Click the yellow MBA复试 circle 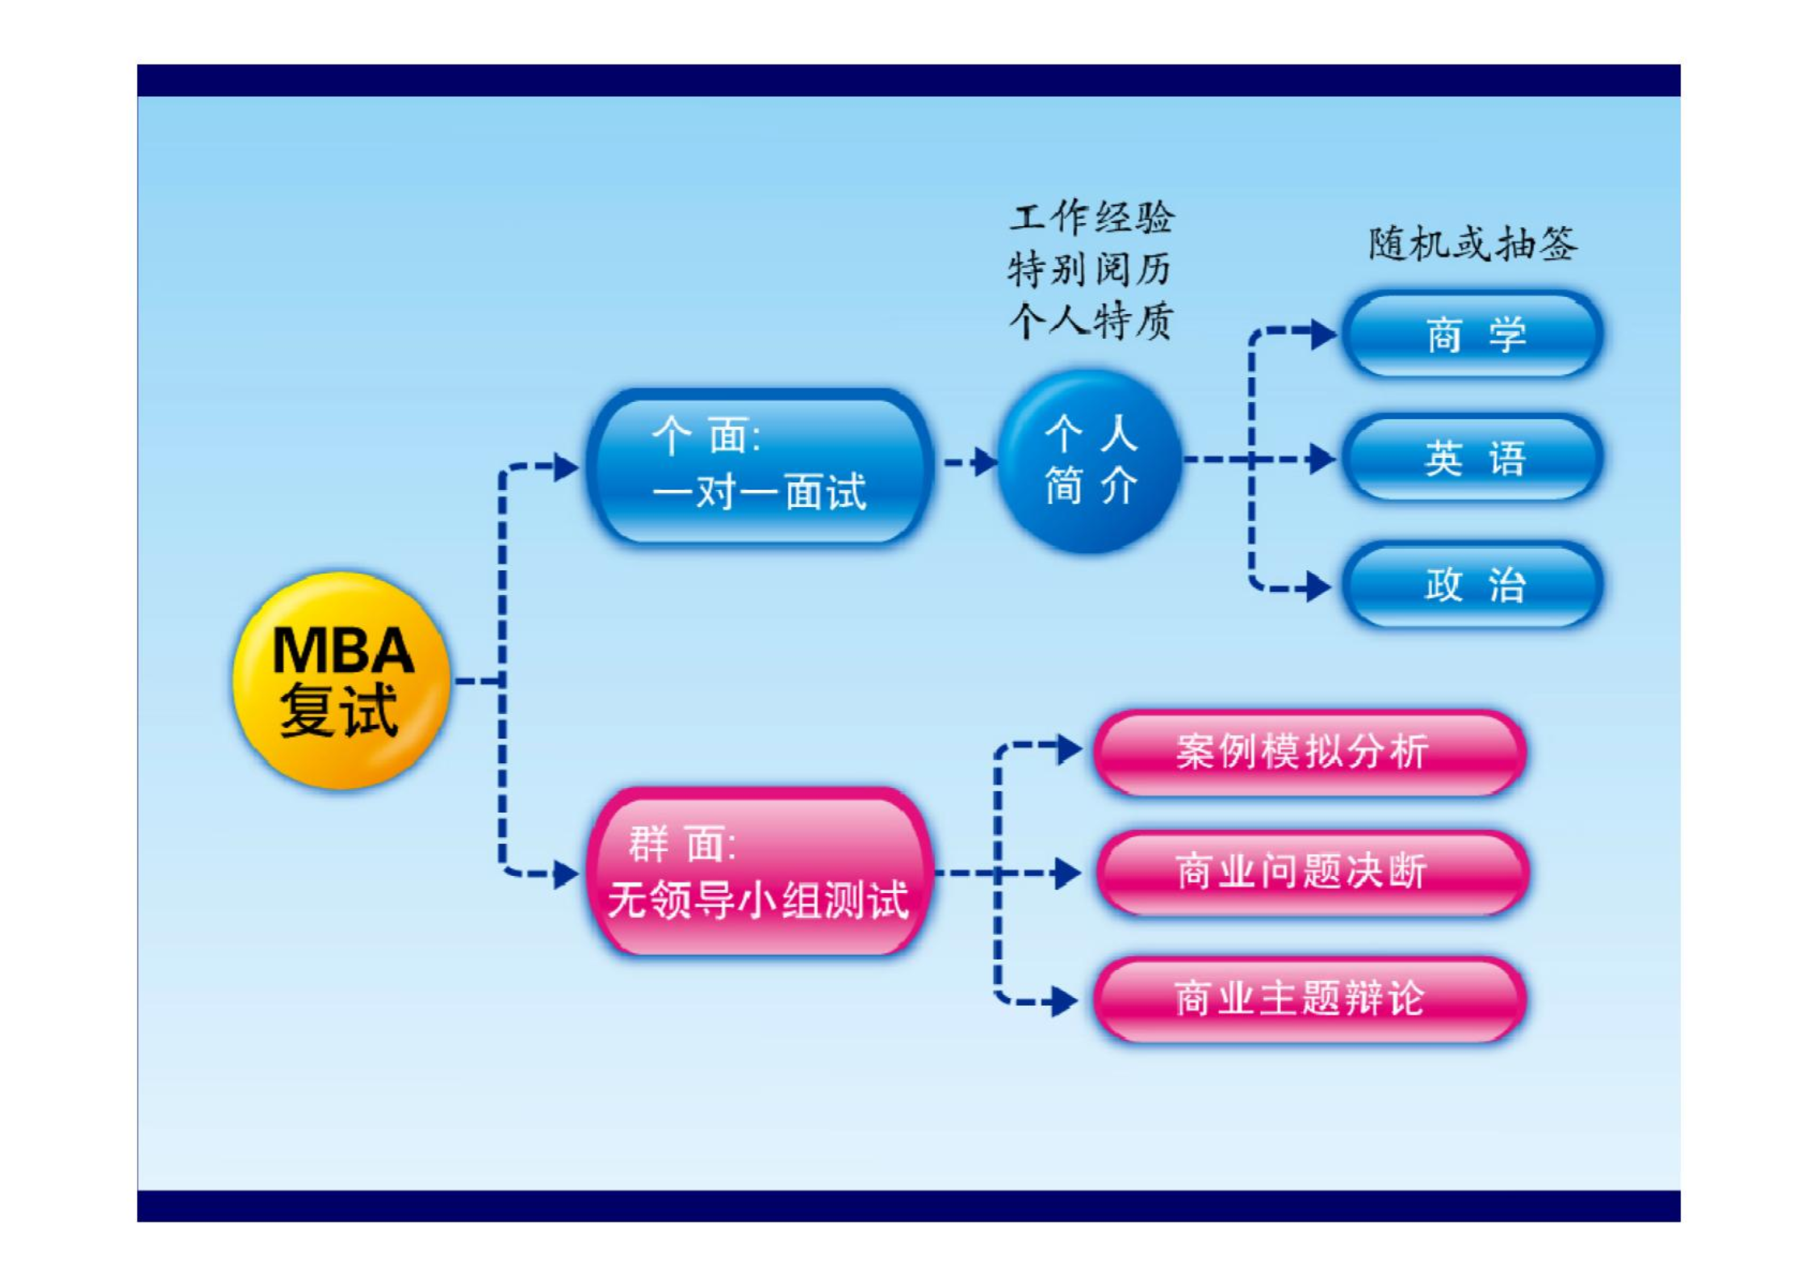(x=341, y=680)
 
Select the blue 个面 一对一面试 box (x=760, y=467)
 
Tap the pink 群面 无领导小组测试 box (x=760, y=872)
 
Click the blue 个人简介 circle (x=1090, y=461)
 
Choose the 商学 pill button (x=1472, y=334)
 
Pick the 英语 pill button (x=1472, y=459)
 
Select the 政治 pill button (x=1472, y=585)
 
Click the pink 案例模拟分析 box (x=1309, y=752)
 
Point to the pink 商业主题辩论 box (x=1309, y=1000)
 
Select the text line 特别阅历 (x=1090, y=270)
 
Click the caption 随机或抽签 (x=1472, y=244)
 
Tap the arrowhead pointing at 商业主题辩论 (x=1065, y=1002)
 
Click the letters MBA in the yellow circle (x=343, y=650)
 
